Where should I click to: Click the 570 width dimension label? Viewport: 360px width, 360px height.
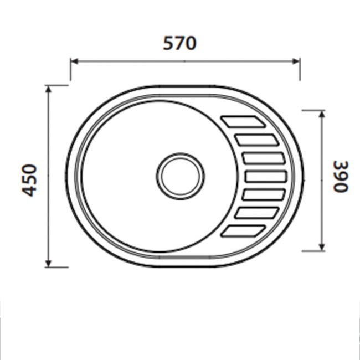[179, 43]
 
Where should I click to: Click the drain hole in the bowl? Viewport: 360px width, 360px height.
[179, 176]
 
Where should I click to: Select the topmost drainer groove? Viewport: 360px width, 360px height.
[242, 121]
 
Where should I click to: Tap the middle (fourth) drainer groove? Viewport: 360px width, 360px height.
[265, 177]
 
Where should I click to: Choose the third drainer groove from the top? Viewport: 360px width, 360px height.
[263, 158]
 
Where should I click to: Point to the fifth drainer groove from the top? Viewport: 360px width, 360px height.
[263, 195]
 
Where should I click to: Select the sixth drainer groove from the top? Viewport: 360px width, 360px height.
[256, 213]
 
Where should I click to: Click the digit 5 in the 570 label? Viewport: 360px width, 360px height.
[168, 43]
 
